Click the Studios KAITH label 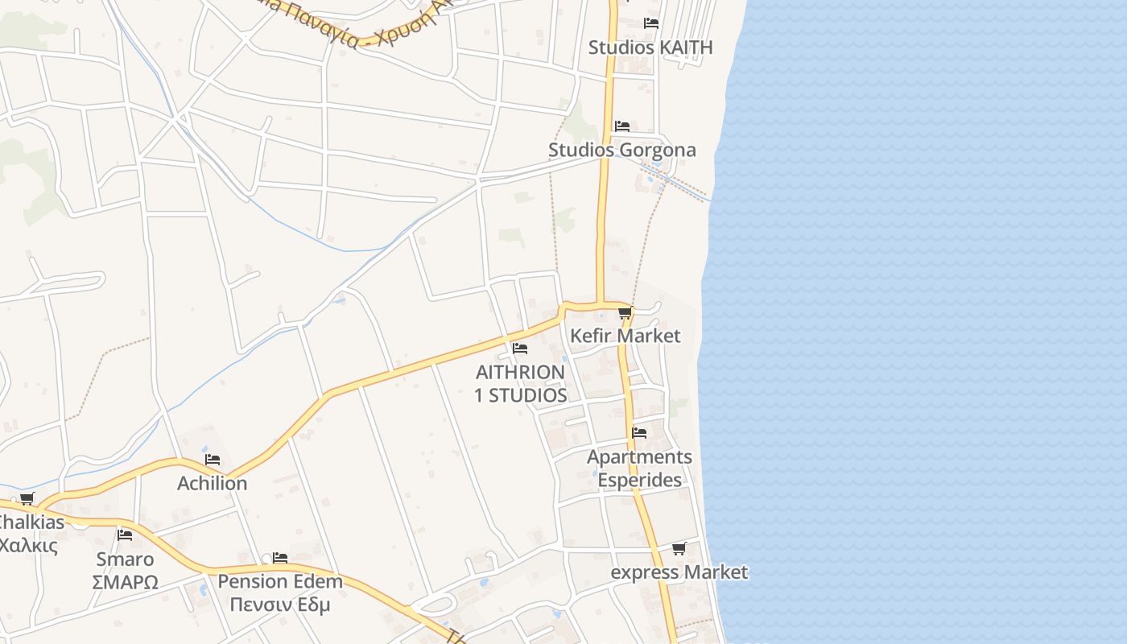pos(650,47)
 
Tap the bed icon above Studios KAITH pos(651,23)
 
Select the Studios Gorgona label pos(622,151)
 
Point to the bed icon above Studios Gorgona pos(622,126)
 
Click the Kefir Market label pos(625,336)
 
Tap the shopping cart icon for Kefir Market pos(625,313)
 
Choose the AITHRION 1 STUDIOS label pos(521,384)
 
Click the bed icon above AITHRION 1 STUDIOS pos(520,349)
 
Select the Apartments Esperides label pos(639,469)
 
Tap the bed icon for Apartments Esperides pos(639,433)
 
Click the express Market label pos(679,572)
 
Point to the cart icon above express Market pos(679,549)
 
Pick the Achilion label pos(213,483)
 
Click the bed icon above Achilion pos(213,460)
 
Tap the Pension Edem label pos(280,581)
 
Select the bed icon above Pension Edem pos(280,557)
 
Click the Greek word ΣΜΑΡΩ pos(125,582)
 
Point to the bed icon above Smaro pos(125,535)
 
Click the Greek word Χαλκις pos(28,545)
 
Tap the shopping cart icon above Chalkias pos(27,499)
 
